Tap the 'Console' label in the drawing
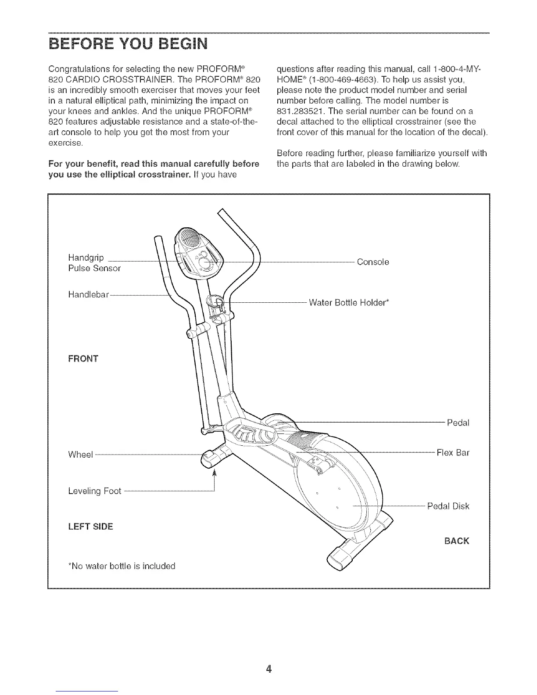[x=373, y=262]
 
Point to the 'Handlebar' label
[x=88, y=294]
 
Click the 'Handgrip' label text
[x=86, y=258]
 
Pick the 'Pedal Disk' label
[x=448, y=506]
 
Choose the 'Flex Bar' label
[x=453, y=452]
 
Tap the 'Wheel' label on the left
[x=81, y=455]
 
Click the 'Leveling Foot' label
[x=94, y=491]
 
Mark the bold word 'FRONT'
[x=83, y=359]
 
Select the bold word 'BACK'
[x=456, y=541]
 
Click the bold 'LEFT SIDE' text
[x=90, y=526]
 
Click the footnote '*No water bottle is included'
[x=122, y=566]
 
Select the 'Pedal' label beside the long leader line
[x=458, y=423]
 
